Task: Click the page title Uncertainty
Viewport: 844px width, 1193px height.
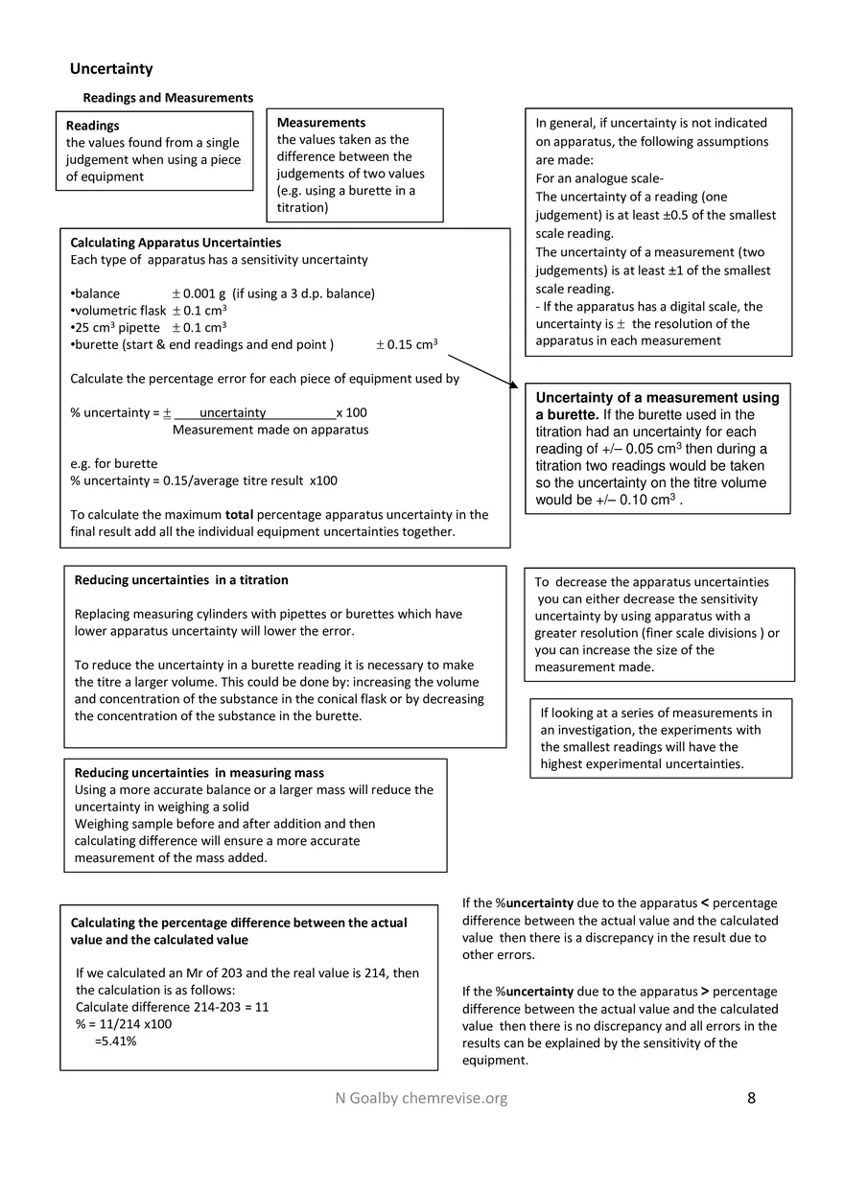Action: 111,69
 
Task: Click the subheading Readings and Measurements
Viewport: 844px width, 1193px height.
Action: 168,98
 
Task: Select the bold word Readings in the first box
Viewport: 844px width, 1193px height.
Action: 93,126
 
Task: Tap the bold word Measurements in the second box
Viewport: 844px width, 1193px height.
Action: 320,123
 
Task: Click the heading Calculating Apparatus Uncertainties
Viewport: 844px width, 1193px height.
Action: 176,243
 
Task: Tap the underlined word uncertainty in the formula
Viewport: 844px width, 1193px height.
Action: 232,413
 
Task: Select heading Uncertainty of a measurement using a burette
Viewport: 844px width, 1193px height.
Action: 657,406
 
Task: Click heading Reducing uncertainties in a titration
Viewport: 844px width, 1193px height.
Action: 181,580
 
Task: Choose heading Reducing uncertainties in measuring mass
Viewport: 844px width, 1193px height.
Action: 199,773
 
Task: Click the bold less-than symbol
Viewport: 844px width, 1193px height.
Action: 706,903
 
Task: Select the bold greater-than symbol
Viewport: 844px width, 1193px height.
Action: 705,992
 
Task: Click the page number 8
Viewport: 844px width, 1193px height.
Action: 751,1098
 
